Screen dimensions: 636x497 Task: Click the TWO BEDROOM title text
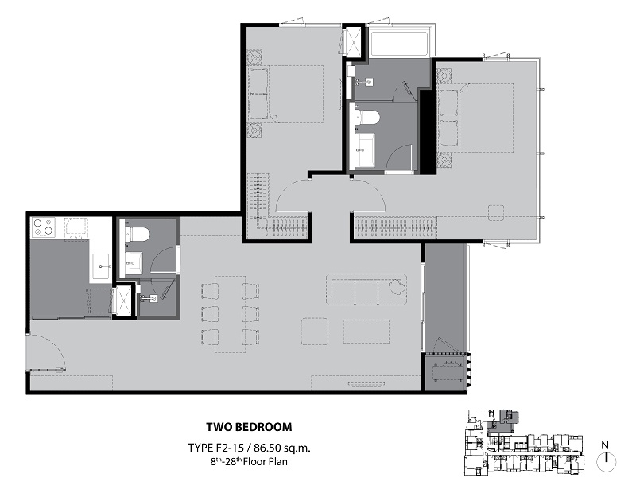click(249, 427)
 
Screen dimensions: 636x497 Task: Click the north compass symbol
click(606, 462)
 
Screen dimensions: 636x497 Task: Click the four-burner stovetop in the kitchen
click(44, 227)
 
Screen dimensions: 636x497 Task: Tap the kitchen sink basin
click(101, 266)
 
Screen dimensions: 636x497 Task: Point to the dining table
click(230, 314)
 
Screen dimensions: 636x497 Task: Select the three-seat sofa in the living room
click(366, 289)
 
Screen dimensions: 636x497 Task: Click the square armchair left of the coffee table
click(314, 331)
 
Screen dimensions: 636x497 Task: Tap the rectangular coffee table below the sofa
click(366, 332)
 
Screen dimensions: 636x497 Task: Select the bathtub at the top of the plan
click(399, 42)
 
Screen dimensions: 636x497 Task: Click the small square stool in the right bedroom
click(495, 212)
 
